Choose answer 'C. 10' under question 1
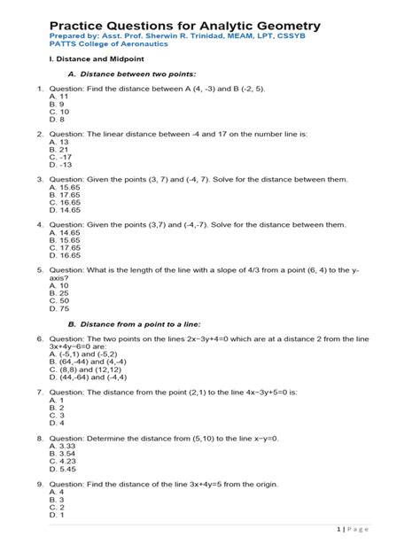[60, 113]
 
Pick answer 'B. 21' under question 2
[60, 151]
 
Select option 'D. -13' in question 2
[62, 165]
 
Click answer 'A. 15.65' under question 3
[66, 188]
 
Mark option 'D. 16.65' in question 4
[66, 255]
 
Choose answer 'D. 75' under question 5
[60, 308]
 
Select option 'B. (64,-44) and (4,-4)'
[97, 362]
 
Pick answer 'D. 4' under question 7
[58, 423]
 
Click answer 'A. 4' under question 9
[58, 492]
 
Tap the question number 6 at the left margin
[40, 339]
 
